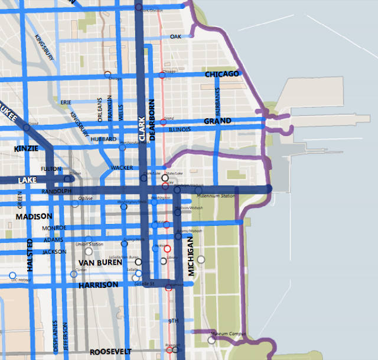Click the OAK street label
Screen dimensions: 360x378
pos(175,37)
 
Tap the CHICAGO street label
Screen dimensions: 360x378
pos(221,74)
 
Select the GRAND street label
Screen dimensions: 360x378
pos(217,121)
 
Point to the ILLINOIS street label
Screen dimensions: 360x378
pos(180,129)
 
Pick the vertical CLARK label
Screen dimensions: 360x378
pos(142,127)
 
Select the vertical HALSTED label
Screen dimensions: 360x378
pos(30,253)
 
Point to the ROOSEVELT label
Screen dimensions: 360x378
pos(110,351)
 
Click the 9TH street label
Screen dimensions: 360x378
pos(173,320)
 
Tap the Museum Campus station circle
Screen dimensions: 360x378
pos(211,340)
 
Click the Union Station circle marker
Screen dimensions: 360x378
pos(89,251)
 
